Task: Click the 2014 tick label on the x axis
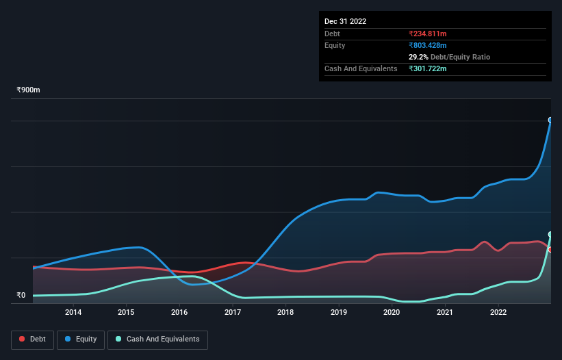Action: (x=73, y=312)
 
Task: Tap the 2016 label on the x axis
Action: (x=179, y=312)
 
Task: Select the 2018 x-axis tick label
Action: (x=285, y=312)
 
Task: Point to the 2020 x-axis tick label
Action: (x=392, y=312)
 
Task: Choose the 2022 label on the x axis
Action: (x=498, y=312)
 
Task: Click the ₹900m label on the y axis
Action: (x=29, y=90)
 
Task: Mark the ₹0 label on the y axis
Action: (x=21, y=296)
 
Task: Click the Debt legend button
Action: (x=32, y=339)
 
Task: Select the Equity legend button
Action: (x=81, y=339)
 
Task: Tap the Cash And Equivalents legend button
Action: (x=157, y=339)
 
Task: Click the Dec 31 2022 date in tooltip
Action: (x=345, y=21)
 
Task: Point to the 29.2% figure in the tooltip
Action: (x=418, y=57)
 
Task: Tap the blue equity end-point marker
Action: (x=550, y=120)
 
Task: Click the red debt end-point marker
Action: (x=550, y=249)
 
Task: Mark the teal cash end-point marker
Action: (x=550, y=234)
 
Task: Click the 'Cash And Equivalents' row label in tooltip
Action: (x=361, y=68)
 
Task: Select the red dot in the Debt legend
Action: (x=22, y=339)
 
